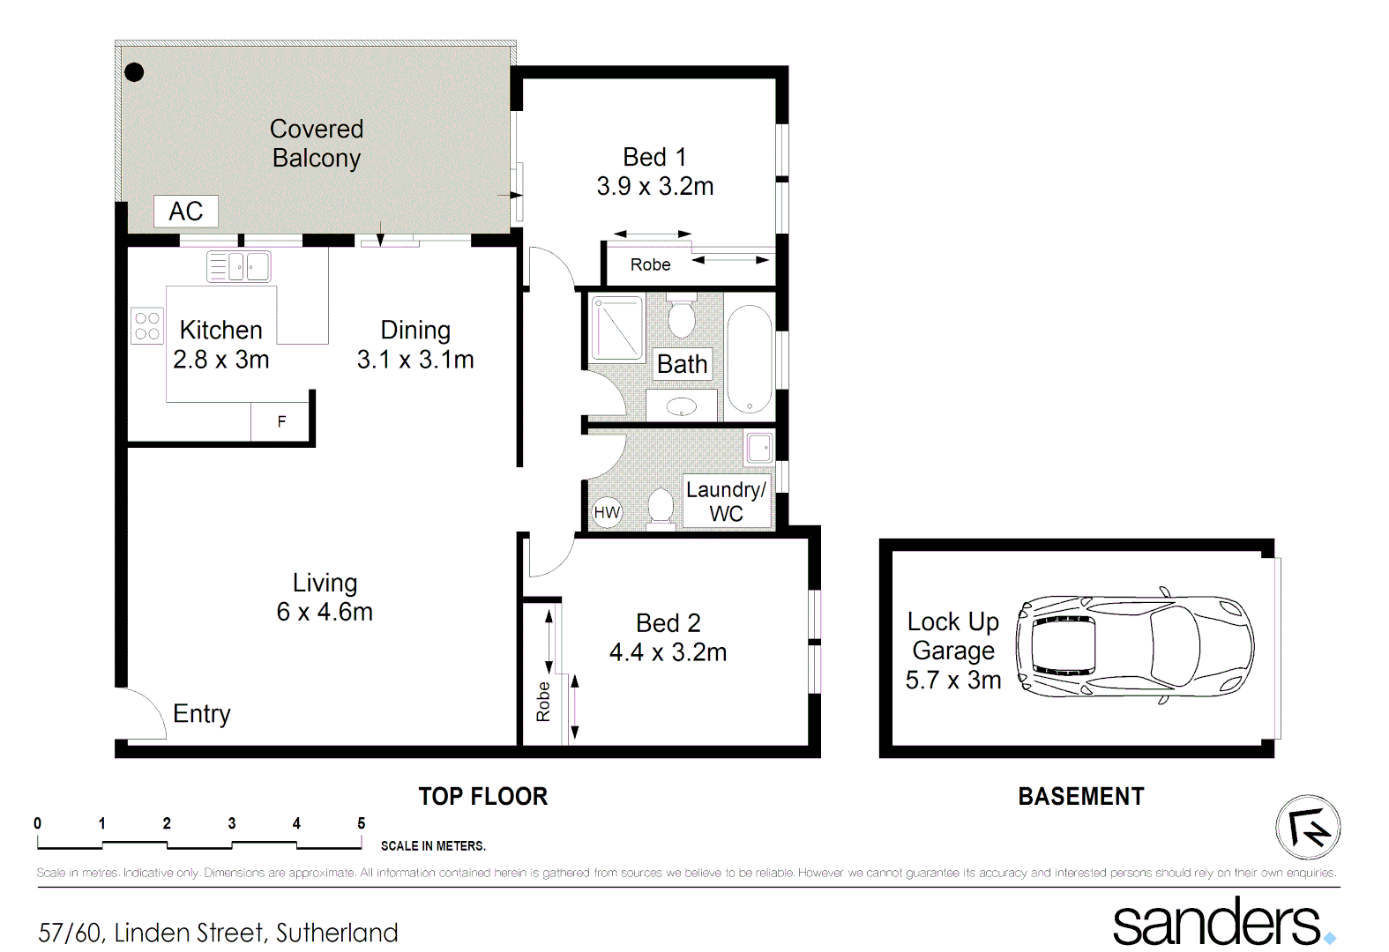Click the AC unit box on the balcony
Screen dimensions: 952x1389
pos(185,212)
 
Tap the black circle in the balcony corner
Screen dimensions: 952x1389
pos(134,72)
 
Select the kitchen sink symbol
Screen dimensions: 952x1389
pos(238,266)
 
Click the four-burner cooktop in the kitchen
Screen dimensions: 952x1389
pos(147,325)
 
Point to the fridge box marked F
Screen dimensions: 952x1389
pos(281,421)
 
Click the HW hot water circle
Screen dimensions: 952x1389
pos(607,512)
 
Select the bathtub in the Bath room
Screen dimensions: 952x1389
pos(749,359)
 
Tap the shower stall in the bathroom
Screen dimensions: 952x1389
pos(616,329)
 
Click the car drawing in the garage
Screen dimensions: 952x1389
pos(1134,646)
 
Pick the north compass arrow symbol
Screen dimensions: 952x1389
pos(1308,827)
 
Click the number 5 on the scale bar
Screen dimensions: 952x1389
pos(361,823)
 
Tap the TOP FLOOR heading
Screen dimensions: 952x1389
pos(482,797)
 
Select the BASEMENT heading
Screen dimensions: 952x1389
pos(1080,797)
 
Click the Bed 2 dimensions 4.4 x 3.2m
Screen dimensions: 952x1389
pos(668,652)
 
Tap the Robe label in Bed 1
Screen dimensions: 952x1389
pos(650,264)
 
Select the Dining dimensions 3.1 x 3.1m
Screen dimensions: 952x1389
pos(415,360)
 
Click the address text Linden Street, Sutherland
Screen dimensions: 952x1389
pos(256,933)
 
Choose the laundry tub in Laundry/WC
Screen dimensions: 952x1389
pos(759,448)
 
